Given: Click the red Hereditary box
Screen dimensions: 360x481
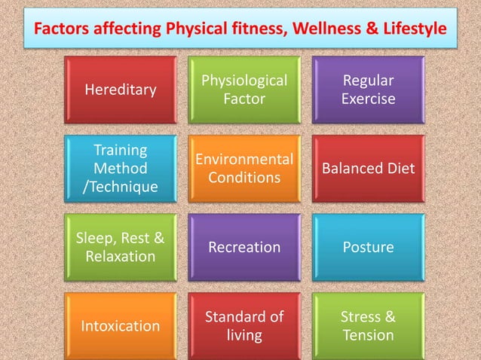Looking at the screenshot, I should click(x=121, y=90).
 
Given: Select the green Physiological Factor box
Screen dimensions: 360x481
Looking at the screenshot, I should click(x=244, y=90).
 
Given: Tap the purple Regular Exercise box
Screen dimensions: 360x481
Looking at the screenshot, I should click(x=368, y=90).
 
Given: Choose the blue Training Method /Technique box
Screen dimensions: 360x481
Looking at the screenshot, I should click(x=121, y=168).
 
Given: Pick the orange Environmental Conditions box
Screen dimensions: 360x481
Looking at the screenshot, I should click(x=244, y=168).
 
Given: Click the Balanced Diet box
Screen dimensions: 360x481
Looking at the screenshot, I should click(x=368, y=168).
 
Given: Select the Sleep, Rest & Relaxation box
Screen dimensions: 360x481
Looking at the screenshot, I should click(x=121, y=247).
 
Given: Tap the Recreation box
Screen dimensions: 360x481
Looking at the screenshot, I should click(x=244, y=247).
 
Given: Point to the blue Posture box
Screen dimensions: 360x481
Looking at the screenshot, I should click(x=368, y=247).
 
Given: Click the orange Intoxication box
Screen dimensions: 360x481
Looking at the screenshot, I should click(x=121, y=325).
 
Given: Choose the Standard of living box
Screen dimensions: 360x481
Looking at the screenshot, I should click(x=244, y=325).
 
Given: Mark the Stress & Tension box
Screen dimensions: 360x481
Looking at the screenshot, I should click(x=368, y=325).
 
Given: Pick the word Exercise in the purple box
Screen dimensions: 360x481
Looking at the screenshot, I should click(x=368, y=99).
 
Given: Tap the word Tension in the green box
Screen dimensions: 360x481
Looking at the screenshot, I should click(x=368, y=335).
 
